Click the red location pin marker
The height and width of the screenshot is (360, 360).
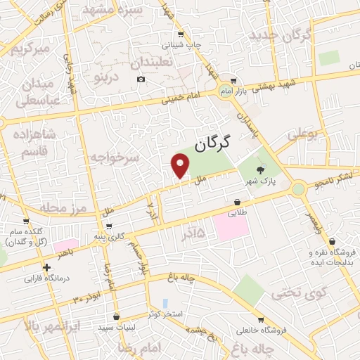[x=181, y=166]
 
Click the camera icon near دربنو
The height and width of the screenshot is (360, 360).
[x=141, y=79]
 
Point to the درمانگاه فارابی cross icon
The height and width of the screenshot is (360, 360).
[x=46, y=267]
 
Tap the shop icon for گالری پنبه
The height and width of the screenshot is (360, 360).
[x=108, y=226]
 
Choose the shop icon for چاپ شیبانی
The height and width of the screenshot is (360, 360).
[x=181, y=34]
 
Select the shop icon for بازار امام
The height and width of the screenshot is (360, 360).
[x=234, y=81]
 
